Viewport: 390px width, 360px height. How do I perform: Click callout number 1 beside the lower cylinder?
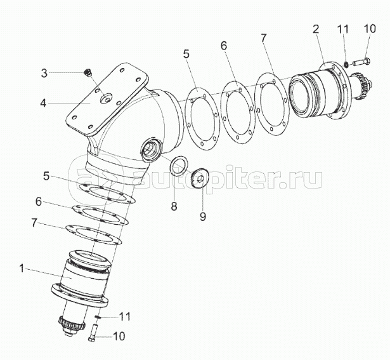click(22, 269)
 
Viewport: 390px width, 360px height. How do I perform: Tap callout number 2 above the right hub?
click(316, 29)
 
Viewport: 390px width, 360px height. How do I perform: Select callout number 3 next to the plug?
click(44, 73)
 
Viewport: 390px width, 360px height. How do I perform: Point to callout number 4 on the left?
click(43, 103)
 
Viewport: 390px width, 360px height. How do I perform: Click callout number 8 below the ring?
click(174, 206)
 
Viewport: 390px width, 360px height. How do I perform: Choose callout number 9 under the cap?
click(203, 217)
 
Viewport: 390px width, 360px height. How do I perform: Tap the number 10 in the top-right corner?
click(370, 29)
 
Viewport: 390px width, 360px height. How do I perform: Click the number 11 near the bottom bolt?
click(125, 317)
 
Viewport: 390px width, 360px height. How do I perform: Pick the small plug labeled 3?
click(88, 72)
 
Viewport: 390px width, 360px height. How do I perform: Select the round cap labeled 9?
click(200, 178)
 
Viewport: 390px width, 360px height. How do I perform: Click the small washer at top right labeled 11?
click(346, 65)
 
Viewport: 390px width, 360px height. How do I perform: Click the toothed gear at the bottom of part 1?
click(72, 325)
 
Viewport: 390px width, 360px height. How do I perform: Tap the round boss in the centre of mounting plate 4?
click(106, 98)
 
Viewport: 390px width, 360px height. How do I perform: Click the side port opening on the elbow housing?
click(151, 149)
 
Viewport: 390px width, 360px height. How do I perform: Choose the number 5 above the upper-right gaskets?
click(186, 54)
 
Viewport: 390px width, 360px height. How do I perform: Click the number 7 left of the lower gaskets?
click(35, 223)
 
